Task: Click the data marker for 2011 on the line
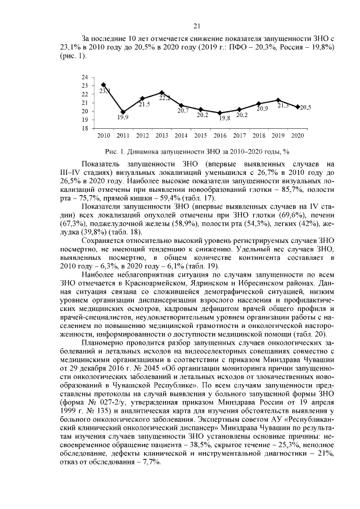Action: coord(123,112)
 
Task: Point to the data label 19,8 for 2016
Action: coord(224,118)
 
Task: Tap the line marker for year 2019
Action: coord(278,100)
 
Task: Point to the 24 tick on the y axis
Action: coord(84,77)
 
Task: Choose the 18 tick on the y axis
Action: coord(84,128)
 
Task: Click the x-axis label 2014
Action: coord(181,136)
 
